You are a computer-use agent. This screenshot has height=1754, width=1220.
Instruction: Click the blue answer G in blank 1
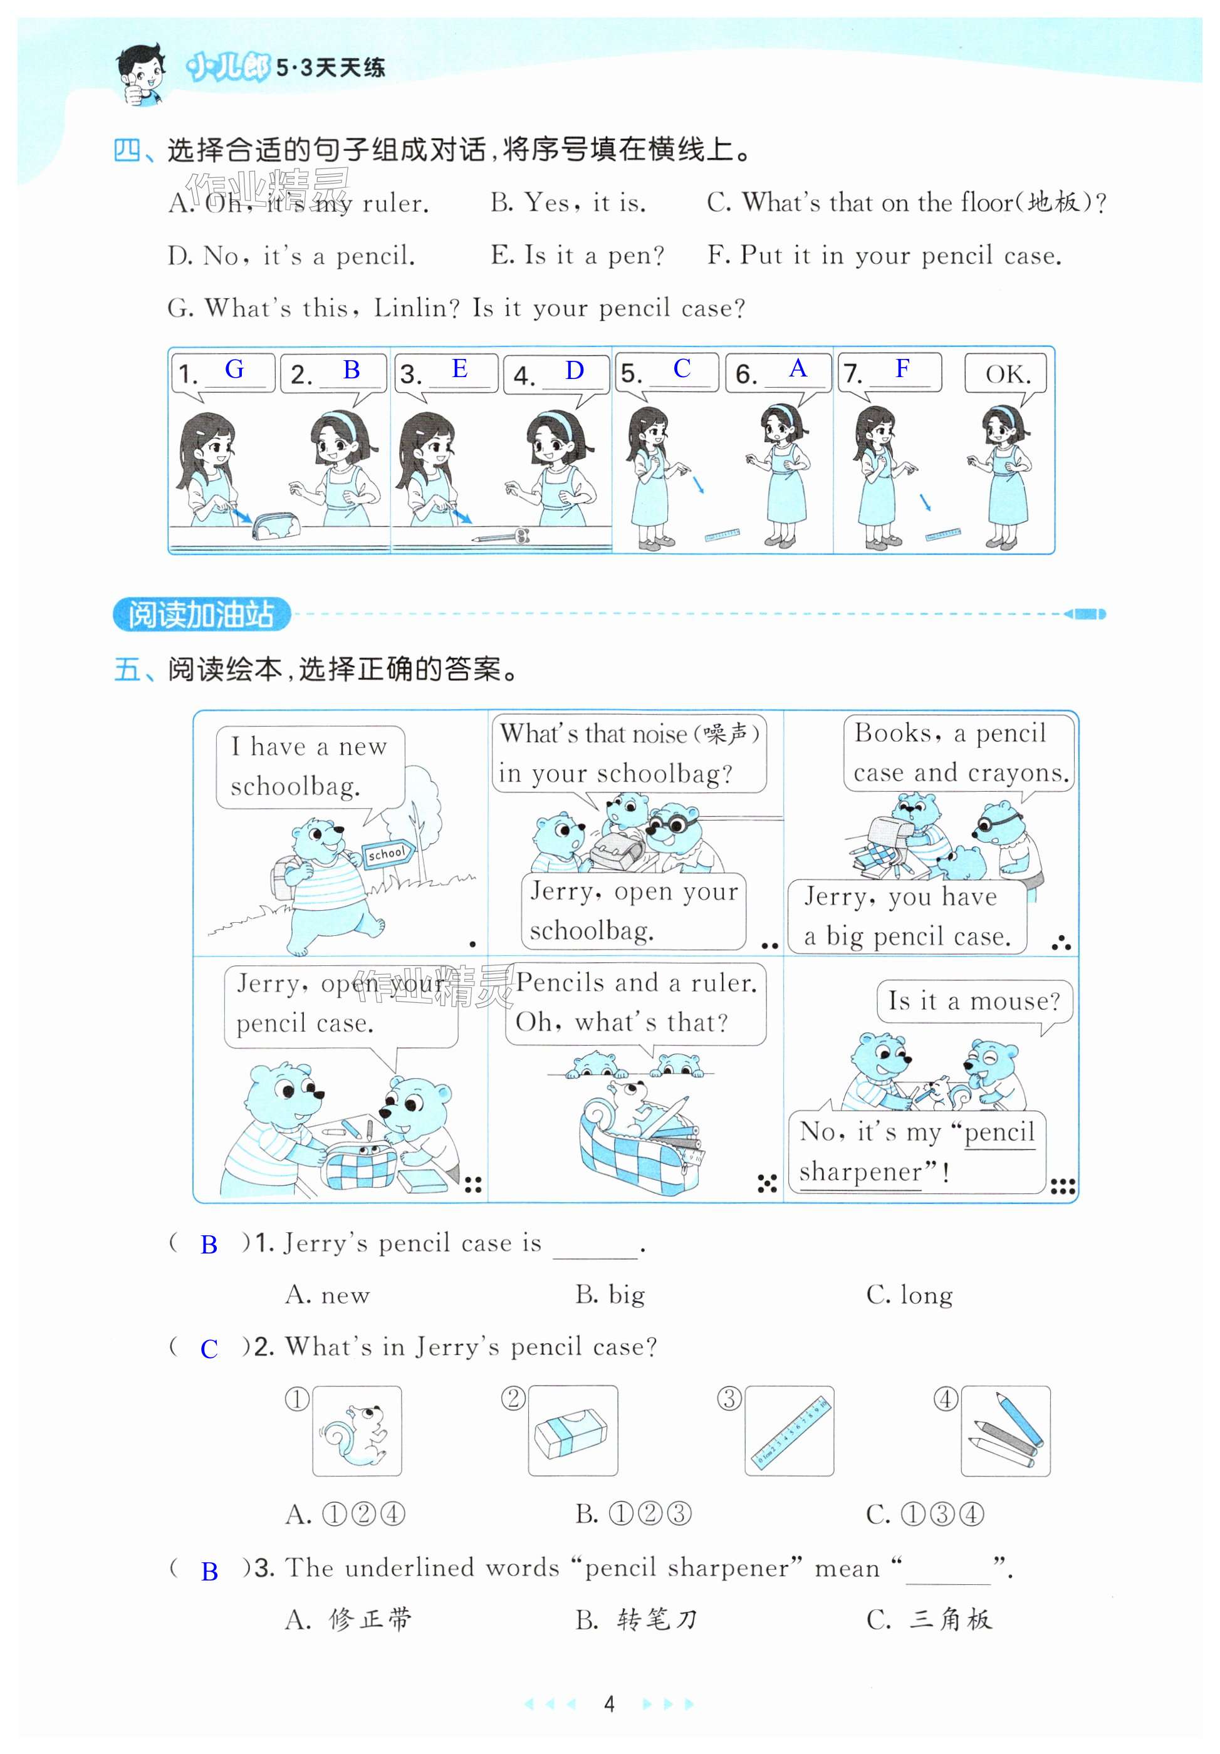[x=234, y=370]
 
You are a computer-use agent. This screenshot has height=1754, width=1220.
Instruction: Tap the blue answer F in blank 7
[x=902, y=368]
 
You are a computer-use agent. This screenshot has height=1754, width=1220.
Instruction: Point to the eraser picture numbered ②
[x=573, y=1431]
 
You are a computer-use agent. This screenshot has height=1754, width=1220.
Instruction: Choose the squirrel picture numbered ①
[x=357, y=1431]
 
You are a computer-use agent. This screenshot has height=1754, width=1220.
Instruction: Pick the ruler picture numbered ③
[x=789, y=1431]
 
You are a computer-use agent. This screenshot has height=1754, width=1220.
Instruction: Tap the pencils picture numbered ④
[x=1005, y=1431]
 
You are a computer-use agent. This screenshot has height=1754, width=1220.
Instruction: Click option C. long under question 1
[x=909, y=1295]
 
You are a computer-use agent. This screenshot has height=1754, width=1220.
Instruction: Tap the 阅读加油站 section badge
[x=202, y=614]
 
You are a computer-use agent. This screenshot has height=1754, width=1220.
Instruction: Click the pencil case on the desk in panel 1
[x=276, y=526]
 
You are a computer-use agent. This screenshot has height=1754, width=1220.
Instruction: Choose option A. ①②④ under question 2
[x=346, y=1513]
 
